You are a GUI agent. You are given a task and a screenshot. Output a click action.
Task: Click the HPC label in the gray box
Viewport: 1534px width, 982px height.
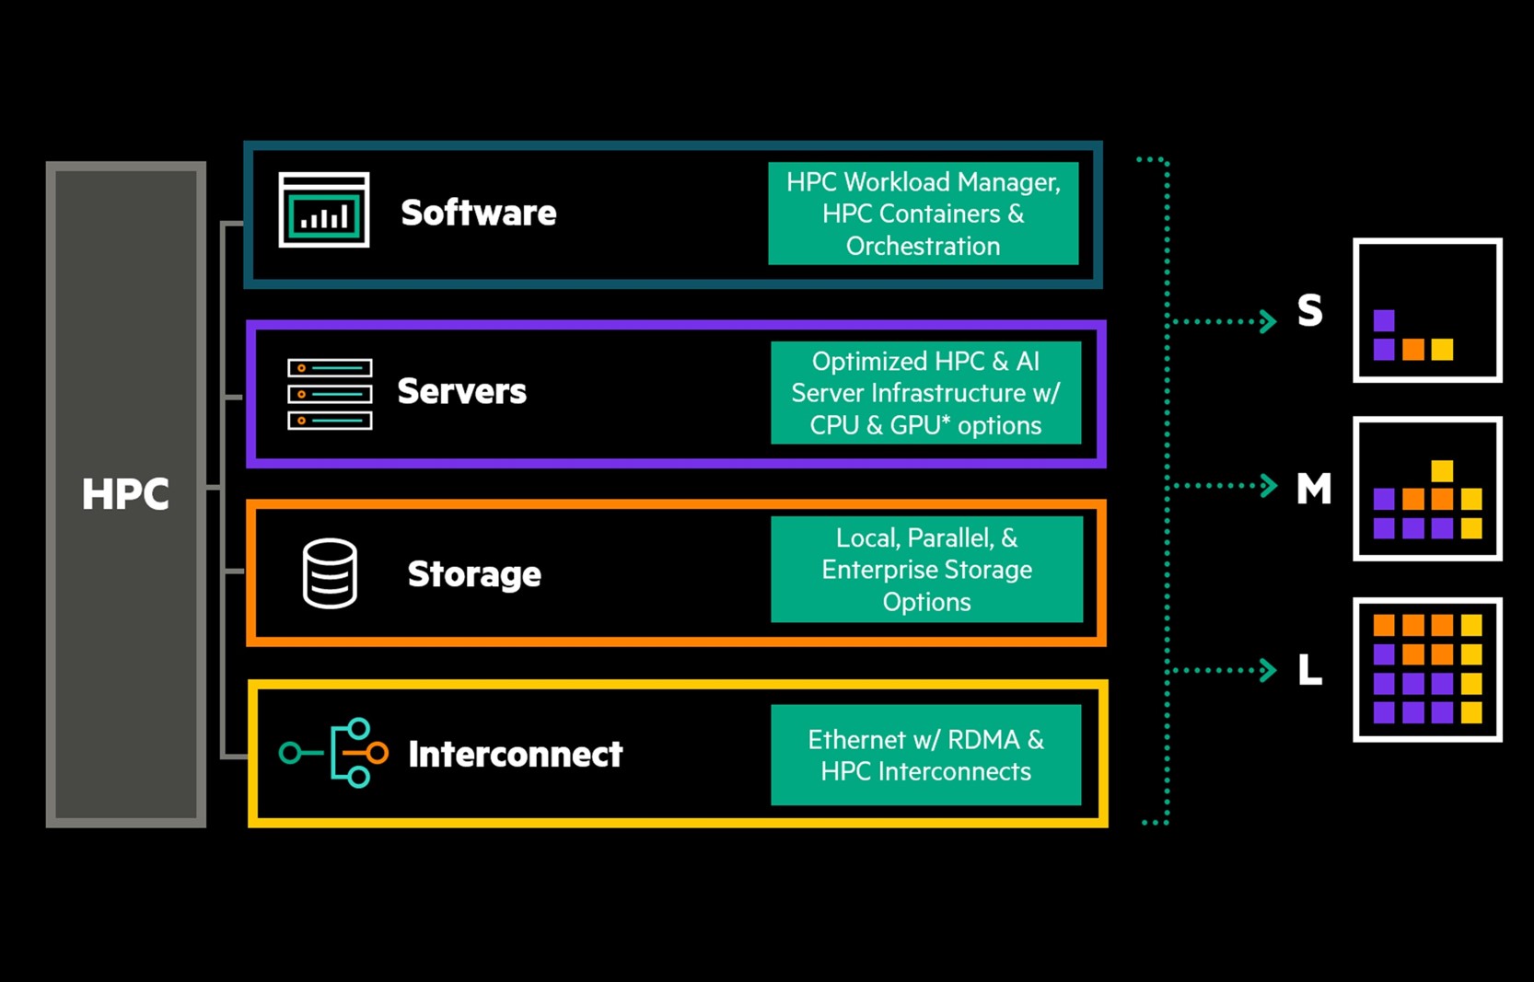pos(125,494)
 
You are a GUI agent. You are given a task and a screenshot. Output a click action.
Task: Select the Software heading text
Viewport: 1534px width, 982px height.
pos(478,214)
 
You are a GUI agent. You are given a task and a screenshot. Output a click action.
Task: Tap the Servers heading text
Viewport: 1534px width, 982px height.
pos(461,392)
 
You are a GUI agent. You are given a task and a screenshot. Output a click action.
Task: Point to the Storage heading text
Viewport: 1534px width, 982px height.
pos(474,574)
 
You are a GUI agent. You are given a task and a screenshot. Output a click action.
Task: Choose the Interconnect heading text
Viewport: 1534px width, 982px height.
pos(515,755)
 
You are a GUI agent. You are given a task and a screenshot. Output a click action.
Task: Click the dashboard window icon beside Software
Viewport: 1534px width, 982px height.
pos(324,210)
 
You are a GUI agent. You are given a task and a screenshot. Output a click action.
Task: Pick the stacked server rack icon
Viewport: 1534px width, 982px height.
pos(330,394)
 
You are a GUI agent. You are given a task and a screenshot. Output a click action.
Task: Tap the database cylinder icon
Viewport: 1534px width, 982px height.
pos(330,573)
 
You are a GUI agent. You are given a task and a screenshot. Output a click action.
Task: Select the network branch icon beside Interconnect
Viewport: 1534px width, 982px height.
pos(334,753)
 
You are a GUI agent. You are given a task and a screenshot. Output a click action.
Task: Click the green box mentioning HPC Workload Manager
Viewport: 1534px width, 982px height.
pos(923,214)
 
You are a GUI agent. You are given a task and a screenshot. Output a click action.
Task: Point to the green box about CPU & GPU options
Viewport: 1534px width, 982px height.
pos(925,393)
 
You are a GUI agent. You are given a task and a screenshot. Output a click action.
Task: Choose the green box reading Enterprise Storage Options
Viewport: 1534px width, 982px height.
pos(926,570)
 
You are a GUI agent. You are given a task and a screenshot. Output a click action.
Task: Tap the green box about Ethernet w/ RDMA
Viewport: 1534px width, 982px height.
pos(925,755)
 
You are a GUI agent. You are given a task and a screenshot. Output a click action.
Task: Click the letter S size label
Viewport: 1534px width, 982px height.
pos(1309,311)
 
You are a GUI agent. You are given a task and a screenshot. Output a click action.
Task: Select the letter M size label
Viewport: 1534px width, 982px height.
pos(1313,489)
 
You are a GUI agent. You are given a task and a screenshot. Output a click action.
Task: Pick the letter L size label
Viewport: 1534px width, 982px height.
pos(1309,670)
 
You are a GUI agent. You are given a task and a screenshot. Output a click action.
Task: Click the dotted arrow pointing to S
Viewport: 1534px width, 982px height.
pos(1225,321)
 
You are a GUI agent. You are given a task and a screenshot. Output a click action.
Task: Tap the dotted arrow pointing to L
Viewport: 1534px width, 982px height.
pos(1225,670)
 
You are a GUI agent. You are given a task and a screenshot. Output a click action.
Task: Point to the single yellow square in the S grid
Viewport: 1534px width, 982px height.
pos(1442,350)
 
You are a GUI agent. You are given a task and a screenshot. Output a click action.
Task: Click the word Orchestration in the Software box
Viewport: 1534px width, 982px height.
pos(923,247)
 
